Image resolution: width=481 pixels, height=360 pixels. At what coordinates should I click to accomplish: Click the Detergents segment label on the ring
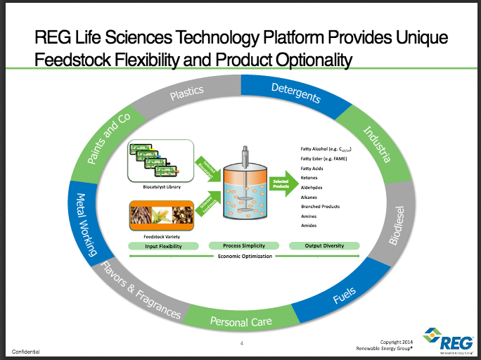click(296, 92)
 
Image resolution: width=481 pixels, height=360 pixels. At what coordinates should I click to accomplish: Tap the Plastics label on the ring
click(186, 91)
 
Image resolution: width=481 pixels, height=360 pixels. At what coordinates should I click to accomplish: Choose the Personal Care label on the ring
click(241, 321)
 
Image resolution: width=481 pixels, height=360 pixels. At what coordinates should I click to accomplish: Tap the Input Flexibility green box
click(163, 246)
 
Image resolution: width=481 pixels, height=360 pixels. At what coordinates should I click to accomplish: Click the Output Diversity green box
click(323, 246)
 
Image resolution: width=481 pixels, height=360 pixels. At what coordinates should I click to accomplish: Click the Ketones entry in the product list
click(309, 178)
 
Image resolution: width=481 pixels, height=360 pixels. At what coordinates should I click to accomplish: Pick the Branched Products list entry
click(320, 206)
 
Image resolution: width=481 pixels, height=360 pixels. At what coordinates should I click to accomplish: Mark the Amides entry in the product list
click(308, 225)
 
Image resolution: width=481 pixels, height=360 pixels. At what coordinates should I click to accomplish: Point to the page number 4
click(241, 343)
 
